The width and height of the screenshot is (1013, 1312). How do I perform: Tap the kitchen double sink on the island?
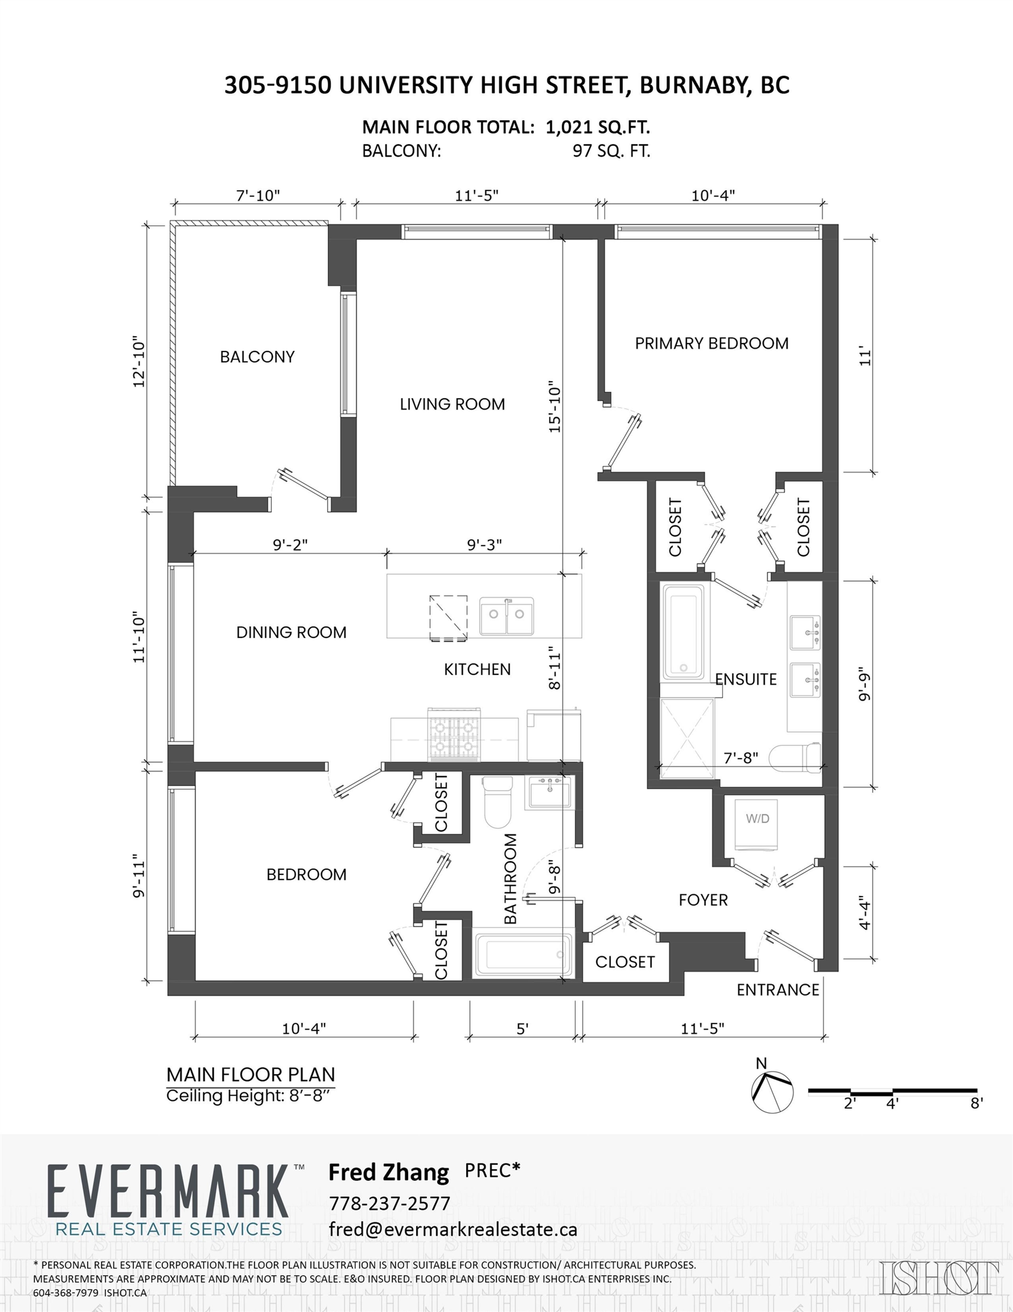[x=506, y=615]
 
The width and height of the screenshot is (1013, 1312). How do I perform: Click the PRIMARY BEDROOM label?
[x=711, y=344]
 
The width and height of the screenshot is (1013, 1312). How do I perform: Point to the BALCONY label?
[x=257, y=357]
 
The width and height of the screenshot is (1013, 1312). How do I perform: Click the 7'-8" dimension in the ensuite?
[x=740, y=758]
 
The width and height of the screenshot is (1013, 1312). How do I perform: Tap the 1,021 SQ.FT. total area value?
[x=598, y=127]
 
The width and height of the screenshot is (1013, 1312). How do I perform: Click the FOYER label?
[x=703, y=900]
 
